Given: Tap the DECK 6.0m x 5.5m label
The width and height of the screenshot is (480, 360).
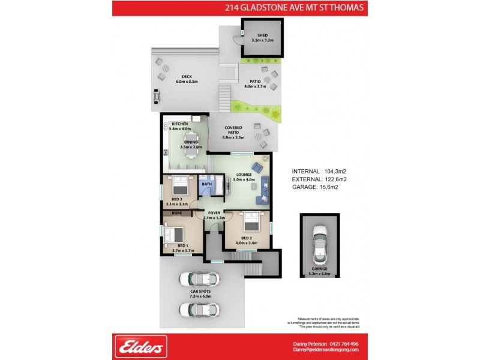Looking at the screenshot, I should (x=187, y=79).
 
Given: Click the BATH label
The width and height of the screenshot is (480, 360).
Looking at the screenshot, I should (x=206, y=184).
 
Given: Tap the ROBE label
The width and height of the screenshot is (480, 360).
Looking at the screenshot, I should (x=177, y=213).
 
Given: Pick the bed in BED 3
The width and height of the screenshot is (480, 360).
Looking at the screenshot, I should (x=181, y=185).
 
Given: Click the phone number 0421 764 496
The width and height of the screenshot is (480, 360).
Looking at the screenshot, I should (x=342, y=344).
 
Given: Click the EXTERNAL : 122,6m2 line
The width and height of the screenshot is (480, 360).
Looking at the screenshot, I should (x=319, y=179).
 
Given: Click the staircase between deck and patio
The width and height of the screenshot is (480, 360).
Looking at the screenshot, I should (x=225, y=94).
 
